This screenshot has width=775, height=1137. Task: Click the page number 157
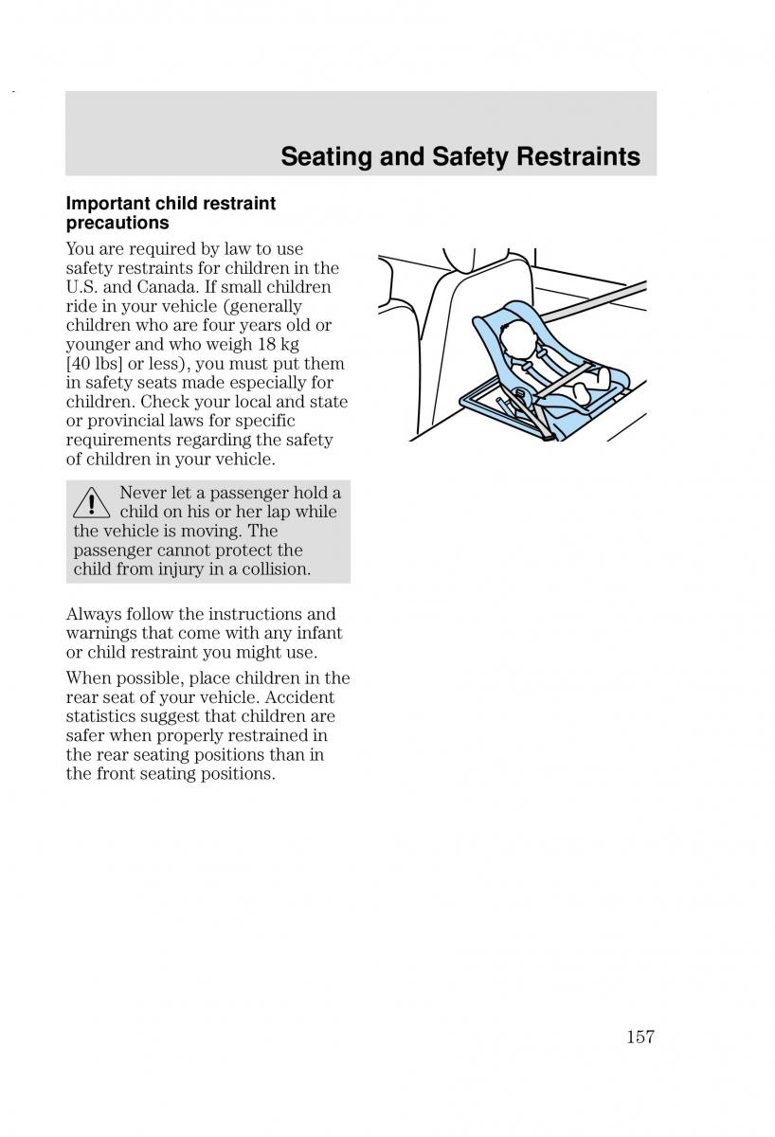click(x=640, y=1038)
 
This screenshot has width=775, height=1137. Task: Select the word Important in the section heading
click(x=109, y=204)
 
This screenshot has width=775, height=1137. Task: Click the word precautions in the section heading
click(x=117, y=223)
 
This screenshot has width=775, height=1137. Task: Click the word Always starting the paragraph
click(x=92, y=614)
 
